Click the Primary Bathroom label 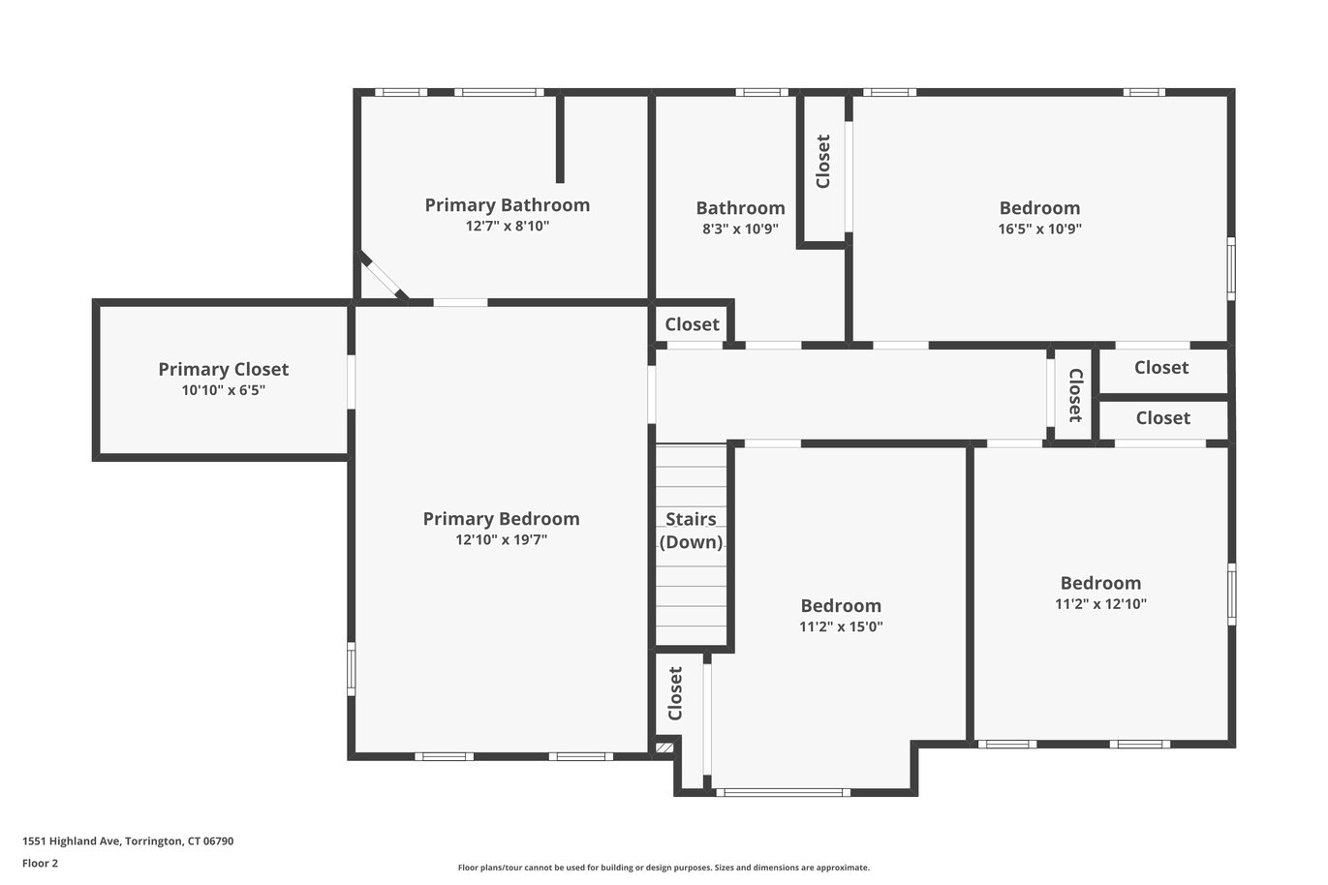coord(508,205)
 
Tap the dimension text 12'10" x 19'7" coord(501,539)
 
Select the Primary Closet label coord(224,370)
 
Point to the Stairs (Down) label coord(692,531)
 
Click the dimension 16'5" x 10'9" coord(1040,229)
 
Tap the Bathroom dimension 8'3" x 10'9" coord(740,229)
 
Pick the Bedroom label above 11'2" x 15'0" coord(841,606)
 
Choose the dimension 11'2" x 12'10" coord(1101,604)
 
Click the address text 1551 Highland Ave coord(72,841)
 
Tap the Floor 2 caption coord(41,863)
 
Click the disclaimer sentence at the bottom coord(664,868)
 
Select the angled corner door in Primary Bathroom coord(385,278)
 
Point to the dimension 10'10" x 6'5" coord(224,390)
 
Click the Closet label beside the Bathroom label coord(823,162)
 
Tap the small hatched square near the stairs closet coord(664,748)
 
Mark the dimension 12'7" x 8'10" coord(508,227)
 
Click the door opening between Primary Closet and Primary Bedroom coord(351,381)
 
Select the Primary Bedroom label coord(501,519)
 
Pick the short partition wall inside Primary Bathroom coord(560,139)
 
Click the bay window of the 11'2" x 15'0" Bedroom coord(784,792)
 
